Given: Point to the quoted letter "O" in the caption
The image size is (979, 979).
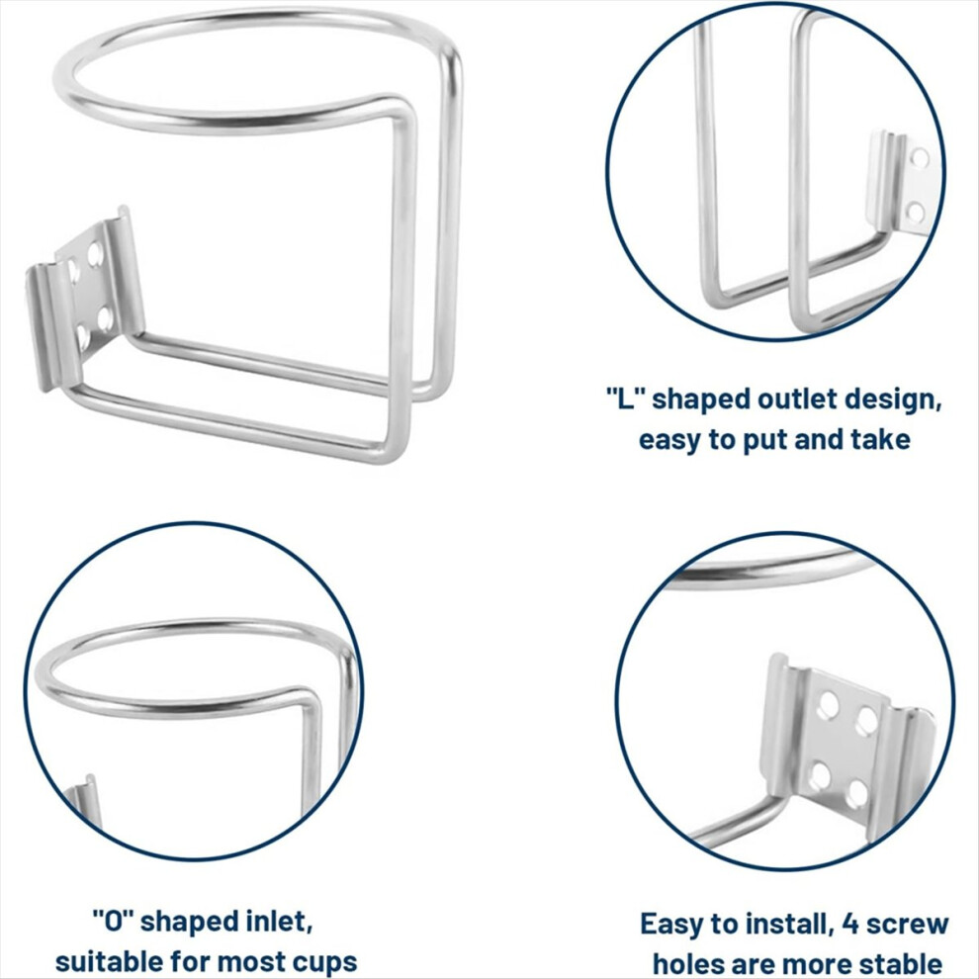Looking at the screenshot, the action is tap(114, 921).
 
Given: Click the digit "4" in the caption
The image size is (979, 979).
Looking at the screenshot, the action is tap(851, 924).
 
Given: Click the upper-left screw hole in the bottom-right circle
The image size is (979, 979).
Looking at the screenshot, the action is tap(829, 703).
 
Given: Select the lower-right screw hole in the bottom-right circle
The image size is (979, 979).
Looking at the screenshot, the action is tap(859, 794).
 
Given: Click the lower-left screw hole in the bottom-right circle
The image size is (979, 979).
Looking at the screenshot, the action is tap(821, 776).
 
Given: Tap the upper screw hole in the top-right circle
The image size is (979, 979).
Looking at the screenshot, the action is tap(919, 158).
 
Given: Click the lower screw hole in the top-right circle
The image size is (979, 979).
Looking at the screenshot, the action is tap(916, 213).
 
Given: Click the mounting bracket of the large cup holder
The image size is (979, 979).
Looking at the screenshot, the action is tap(85, 298).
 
